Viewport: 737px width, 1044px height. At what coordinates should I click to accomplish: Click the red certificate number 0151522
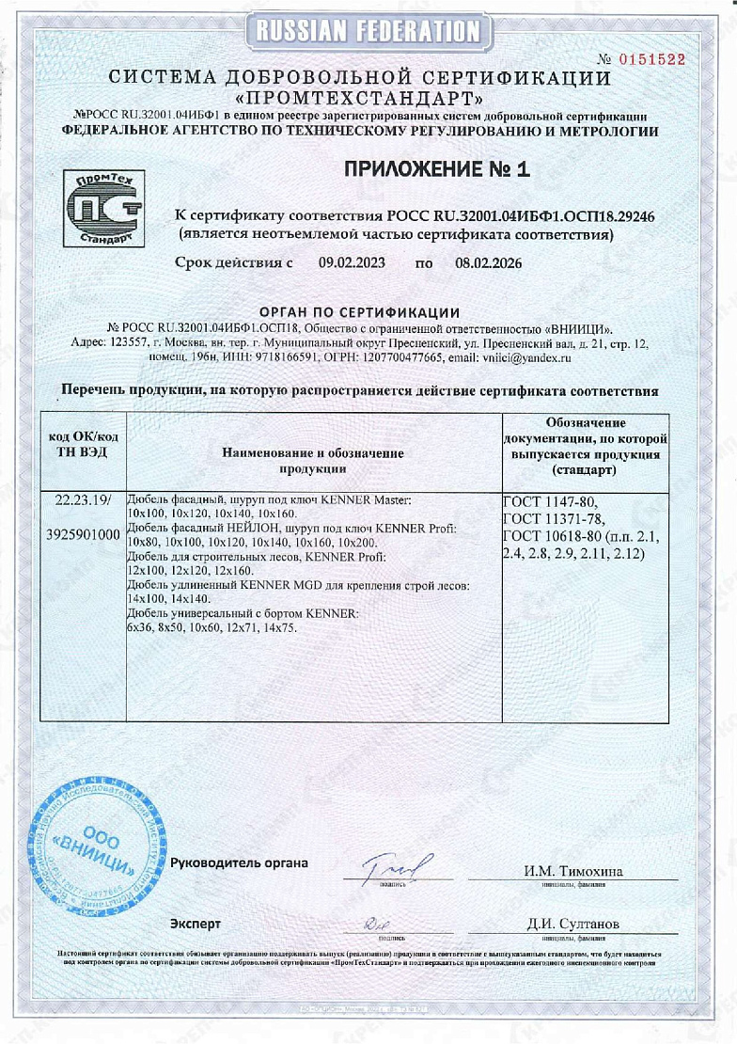pyautogui.click(x=650, y=59)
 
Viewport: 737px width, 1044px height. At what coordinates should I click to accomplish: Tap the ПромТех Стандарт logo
pyautogui.click(x=102, y=209)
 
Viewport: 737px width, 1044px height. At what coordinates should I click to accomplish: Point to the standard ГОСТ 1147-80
pyautogui.click(x=550, y=501)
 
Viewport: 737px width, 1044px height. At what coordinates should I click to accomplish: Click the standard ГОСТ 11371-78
pyautogui.click(x=554, y=519)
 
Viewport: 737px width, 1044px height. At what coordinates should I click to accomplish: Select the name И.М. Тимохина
pyautogui.click(x=573, y=871)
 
